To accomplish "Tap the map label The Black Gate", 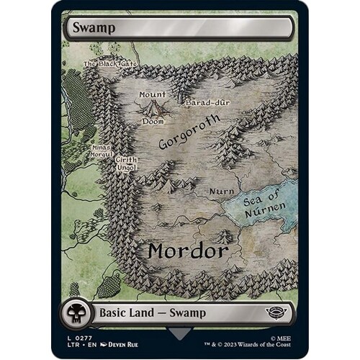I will coord(109,63).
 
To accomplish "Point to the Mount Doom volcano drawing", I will coord(153,108).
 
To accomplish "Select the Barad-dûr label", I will coord(206,103).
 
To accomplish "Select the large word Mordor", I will coord(188,251).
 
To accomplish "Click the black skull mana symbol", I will coord(74,313).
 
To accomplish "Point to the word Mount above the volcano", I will coord(152,94).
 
